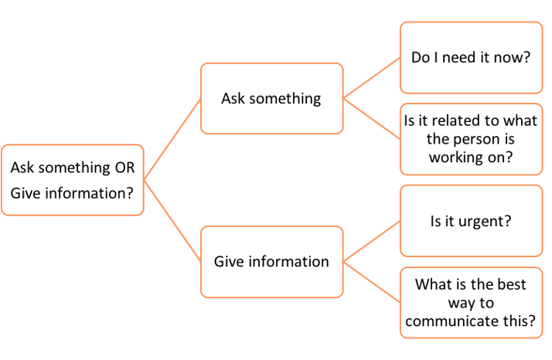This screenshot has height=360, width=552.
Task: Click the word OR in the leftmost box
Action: click(125, 168)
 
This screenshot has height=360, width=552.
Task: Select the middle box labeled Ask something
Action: click(271, 98)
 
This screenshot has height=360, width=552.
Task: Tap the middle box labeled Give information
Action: click(271, 261)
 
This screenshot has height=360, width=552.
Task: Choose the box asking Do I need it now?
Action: click(471, 57)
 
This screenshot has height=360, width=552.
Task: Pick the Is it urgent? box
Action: click(471, 221)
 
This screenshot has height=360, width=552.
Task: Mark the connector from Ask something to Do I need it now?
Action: click(371, 77)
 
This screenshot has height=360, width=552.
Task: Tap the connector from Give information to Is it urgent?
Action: click(371, 239)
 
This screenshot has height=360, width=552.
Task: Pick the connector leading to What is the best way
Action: click(371, 280)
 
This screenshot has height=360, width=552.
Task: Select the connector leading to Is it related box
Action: click(371, 118)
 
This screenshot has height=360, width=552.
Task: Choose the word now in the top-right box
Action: click(514, 57)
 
